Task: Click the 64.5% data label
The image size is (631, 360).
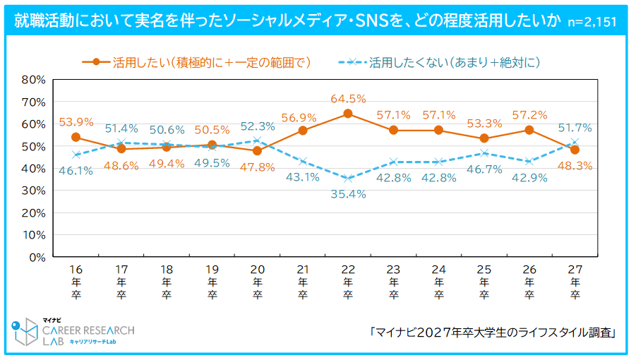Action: tap(347, 99)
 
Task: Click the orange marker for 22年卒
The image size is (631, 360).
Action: tap(347, 114)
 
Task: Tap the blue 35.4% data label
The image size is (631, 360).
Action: tap(348, 194)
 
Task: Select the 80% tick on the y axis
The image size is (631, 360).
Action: tap(33, 79)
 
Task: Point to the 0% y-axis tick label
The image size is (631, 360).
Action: tap(37, 257)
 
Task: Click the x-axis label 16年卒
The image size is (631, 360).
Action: tap(76, 282)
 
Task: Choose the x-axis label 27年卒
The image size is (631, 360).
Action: tap(575, 282)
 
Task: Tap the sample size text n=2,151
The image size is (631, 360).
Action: tap(595, 22)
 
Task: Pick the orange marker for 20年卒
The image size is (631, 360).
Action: tap(257, 150)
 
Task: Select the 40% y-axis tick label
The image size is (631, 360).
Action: tap(33, 168)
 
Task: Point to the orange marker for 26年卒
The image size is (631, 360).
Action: tap(529, 130)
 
